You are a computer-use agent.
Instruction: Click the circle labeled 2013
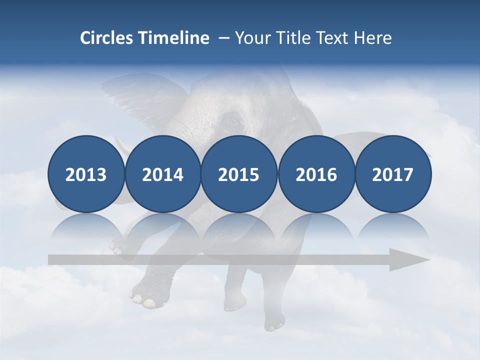[86, 174]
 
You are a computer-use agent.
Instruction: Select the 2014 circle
[162, 174]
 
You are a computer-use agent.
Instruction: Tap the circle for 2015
[239, 174]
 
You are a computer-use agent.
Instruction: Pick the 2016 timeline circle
[316, 174]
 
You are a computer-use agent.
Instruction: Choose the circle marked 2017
[392, 174]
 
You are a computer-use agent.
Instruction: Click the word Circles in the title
[107, 38]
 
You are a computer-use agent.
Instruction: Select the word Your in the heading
[251, 38]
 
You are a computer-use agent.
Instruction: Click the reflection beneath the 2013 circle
[86, 228]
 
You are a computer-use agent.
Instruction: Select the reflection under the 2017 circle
[392, 228]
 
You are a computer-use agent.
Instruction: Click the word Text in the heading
[333, 38]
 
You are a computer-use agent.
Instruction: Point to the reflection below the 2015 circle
[239, 228]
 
